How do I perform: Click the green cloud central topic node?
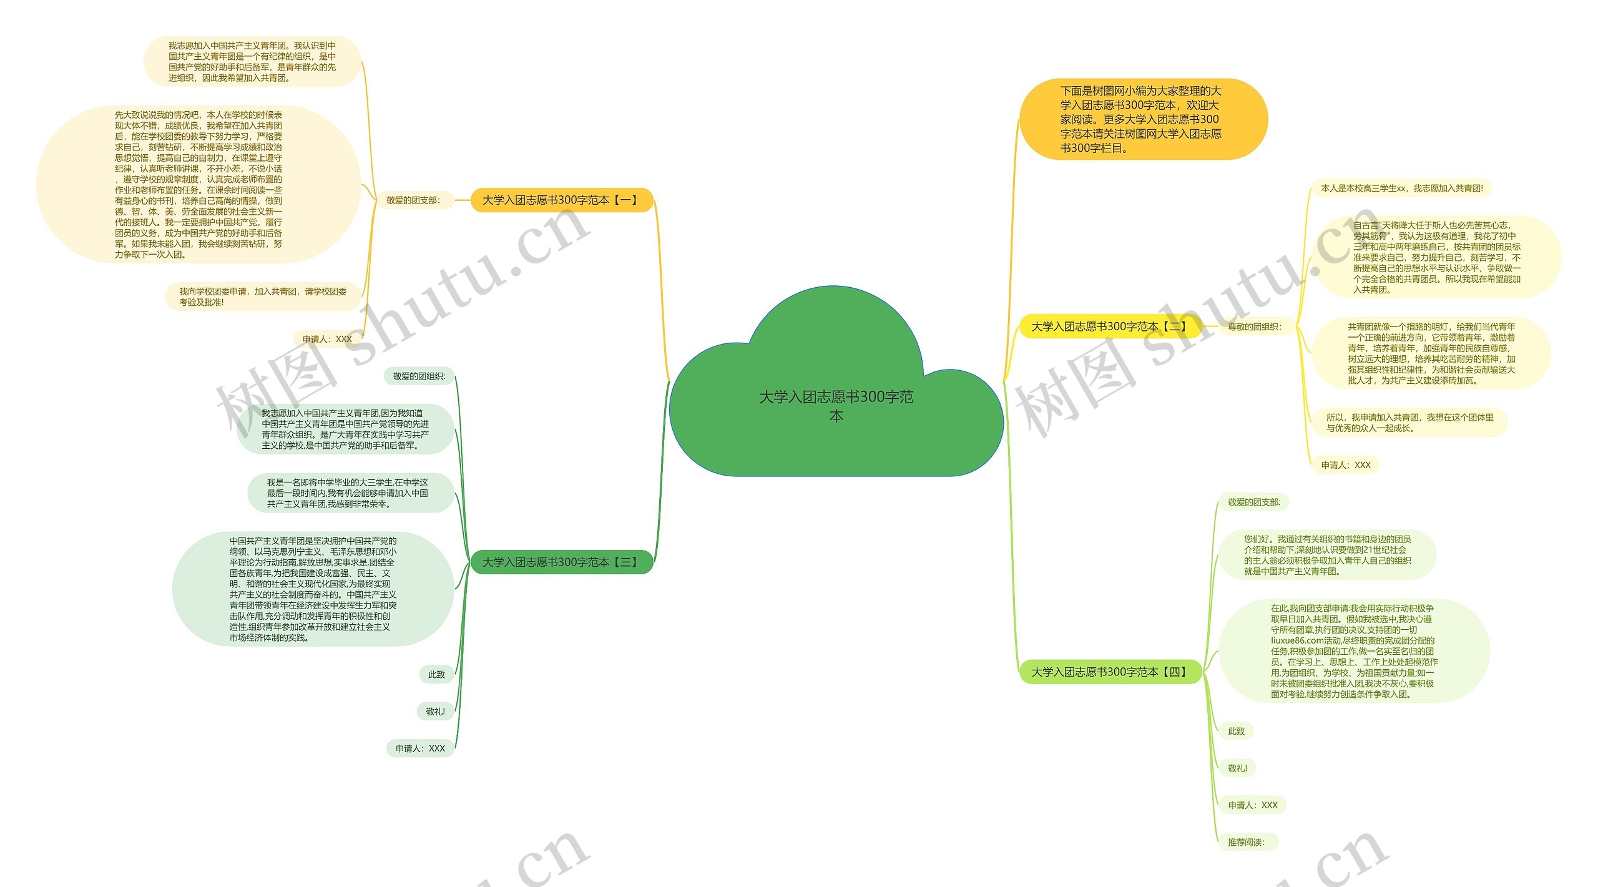[836, 406]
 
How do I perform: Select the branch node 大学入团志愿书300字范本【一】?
[561, 200]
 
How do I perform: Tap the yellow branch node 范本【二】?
[1109, 326]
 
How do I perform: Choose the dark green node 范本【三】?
[561, 562]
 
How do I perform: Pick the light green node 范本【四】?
[1109, 672]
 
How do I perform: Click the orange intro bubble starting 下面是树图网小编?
[1142, 119]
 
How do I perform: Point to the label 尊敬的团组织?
[1255, 326]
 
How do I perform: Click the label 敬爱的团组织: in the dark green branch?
[419, 376]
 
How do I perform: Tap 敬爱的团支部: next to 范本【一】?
[413, 200]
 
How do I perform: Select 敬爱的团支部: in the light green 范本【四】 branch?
[1253, 502]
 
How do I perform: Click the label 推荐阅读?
[1247, 842]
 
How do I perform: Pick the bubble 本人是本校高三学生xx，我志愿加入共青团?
[1402, 188]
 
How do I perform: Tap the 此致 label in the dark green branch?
[436, 675]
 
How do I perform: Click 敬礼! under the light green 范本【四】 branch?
[1237, 768]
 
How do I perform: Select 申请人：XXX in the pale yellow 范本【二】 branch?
[1346, 465]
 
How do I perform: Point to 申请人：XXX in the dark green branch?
[420, 748]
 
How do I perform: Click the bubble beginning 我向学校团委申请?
[263, 296]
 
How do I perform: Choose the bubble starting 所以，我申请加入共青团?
[1409, 423]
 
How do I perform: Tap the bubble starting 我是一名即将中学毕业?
[348, 493]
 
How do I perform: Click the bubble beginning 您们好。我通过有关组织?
[1327, 555]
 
